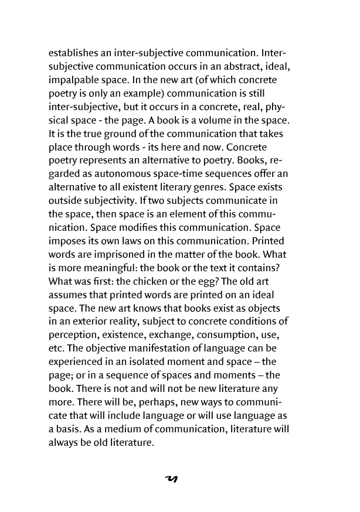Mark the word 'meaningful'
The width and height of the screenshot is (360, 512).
(111, 268)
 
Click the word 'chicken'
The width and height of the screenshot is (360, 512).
(159, 282)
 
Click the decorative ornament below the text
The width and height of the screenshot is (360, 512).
(172, 479)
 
